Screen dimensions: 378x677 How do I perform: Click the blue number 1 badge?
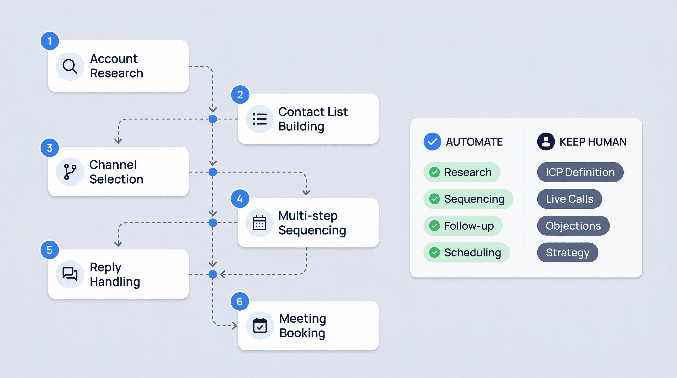point(50,41)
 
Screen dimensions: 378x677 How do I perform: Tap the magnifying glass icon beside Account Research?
point(70,66)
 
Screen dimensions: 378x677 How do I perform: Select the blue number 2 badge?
point(240,95)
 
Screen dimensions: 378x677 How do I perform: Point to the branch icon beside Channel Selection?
point(70,172)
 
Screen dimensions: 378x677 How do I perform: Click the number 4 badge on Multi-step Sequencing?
point(240,199)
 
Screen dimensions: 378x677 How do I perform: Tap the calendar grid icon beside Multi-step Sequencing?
point(259,223)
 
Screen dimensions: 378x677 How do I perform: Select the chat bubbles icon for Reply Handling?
point(70,274)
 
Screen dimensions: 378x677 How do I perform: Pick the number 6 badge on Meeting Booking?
point(240,301)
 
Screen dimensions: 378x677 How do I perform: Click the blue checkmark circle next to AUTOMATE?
point(432,142)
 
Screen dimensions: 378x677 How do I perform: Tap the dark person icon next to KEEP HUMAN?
point(546,142)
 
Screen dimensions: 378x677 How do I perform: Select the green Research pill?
point(462,172)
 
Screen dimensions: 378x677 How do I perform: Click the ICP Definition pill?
point(580,172)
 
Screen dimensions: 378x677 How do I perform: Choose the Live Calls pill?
point(569,199)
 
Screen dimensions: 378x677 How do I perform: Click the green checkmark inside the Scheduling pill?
point(434,252)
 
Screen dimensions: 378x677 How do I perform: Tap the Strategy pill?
point(568,252)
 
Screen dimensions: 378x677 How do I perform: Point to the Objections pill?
point(573,226)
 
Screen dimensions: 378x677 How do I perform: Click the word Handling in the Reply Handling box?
point(115,282)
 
